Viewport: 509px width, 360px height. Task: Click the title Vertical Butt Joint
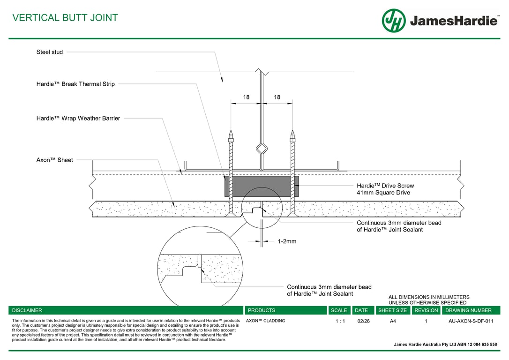pos(65,18)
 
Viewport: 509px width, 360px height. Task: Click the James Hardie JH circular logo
pos(394,21)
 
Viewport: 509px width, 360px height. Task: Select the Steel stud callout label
pos(50,52)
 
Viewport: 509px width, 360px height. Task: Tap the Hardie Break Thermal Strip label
pos(75,84)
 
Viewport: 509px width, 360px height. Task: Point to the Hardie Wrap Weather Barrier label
pos(78,119)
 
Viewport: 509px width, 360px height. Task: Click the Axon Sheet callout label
pos(55,160)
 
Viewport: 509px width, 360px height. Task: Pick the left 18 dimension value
pos(246,97)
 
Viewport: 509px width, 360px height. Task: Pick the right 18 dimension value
pos(277,97)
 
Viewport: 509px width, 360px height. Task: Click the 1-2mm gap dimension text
pos(287,242)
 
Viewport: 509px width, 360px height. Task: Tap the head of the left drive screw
pos(231,137)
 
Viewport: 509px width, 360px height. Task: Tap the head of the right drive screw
pos(293,137)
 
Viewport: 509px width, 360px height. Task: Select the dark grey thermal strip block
pos(262,187)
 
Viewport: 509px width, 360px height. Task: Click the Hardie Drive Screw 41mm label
pos(385,189)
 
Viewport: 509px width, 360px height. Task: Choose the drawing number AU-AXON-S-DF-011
pos(471,321)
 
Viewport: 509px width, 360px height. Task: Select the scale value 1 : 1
pos(340,321)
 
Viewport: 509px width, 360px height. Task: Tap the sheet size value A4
pos(393,321)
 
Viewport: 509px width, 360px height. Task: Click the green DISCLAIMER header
pos(27,310)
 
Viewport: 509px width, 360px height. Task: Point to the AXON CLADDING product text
pos(265,321)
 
